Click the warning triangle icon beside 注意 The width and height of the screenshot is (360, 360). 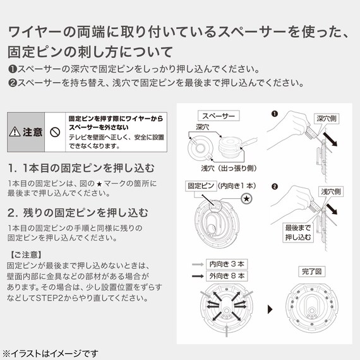tap(16, 133)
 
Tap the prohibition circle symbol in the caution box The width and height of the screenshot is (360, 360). tap(55, 133)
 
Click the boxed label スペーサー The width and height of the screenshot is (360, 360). tap(217, 116)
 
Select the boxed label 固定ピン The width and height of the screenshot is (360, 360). tap(199, 186)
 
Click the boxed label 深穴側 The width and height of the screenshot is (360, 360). tap(328, 118)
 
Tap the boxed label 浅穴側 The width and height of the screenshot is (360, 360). tap(330, 191)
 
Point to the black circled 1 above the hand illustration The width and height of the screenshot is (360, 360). tap(274, 114)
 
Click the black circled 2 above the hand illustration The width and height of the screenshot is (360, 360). tap(274, 188)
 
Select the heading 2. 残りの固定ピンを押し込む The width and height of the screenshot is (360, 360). tap(78, 212)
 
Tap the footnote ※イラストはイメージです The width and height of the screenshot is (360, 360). tap(51, 351)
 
